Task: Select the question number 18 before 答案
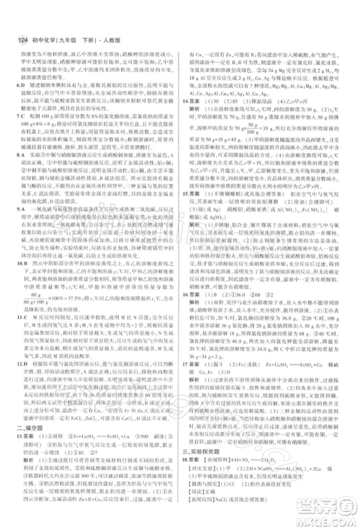[188, 475]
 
